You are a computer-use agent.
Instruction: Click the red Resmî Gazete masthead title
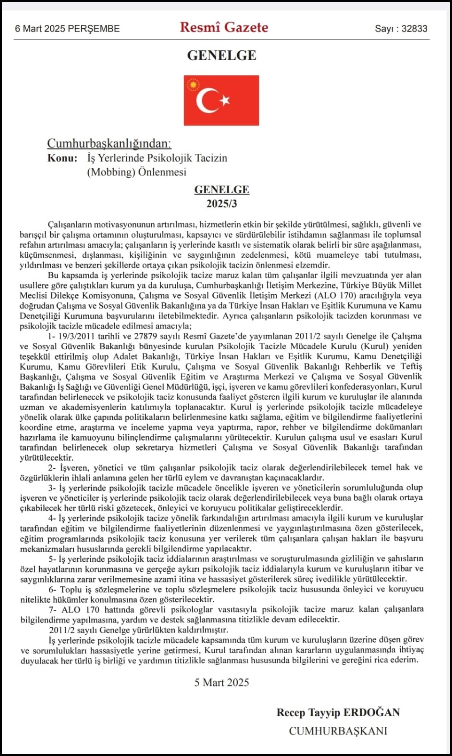coord(224,27)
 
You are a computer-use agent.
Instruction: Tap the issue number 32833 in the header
coord(414,29)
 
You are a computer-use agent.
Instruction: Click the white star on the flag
coord(225,100)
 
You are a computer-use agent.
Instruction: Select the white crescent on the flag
coord(206,101)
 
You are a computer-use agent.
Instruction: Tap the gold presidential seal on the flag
coord(193,85)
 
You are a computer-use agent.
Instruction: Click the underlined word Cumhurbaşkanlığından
coord(109,143)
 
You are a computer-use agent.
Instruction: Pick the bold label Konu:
coord(62,158)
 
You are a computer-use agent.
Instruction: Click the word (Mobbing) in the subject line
coord(111,172)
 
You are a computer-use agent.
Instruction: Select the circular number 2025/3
coord(222,204)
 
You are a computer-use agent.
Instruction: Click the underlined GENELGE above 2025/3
coord(222,189)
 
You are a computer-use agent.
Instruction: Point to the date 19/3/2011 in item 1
coord(77,336)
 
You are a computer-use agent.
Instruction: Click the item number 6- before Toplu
coord(52,590)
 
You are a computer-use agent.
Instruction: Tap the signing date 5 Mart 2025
coord(222,683)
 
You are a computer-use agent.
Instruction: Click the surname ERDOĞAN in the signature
coord(372,713)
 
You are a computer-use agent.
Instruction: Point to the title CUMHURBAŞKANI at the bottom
coord(338,731)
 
